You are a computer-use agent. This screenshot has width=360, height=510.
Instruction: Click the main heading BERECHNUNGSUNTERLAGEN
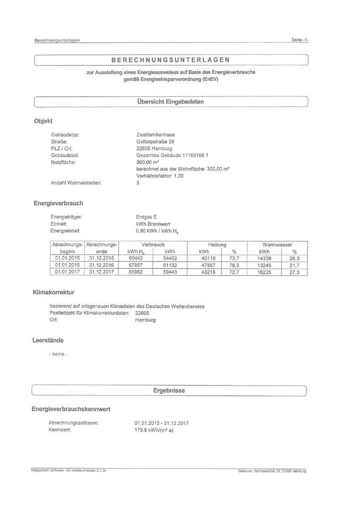point(170,60)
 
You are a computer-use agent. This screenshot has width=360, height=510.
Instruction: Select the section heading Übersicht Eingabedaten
point(170,101)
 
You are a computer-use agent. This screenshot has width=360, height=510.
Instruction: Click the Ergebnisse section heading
point(169,390)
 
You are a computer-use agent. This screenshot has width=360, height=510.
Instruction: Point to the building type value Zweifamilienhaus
point(152,135)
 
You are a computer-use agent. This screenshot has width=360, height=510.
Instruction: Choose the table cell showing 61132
point(170,265)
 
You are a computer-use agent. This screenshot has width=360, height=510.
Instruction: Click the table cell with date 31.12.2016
point(102,265)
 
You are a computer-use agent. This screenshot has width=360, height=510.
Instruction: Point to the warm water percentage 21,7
point(294,265)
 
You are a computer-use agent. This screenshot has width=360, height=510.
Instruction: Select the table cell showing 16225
point(264,271)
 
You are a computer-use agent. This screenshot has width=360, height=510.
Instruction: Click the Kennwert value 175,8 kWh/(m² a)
point(155,430)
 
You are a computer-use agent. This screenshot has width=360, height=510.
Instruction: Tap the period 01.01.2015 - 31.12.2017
point(162,423)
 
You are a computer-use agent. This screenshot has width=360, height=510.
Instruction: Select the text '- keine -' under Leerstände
point(58,353)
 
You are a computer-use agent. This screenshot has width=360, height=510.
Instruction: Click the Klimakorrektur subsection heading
point(54,292)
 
